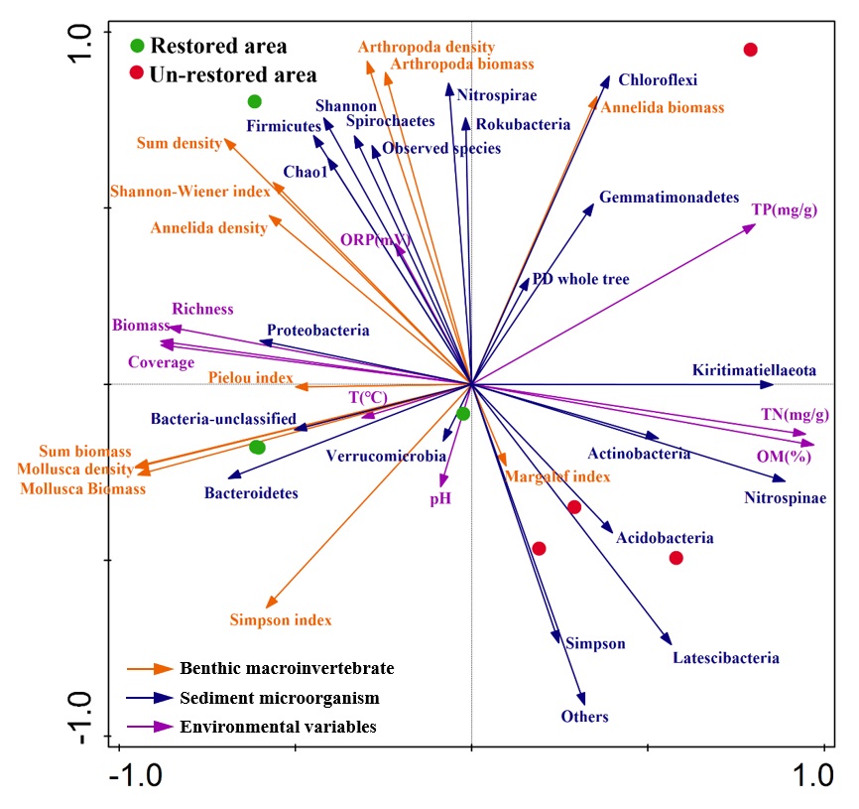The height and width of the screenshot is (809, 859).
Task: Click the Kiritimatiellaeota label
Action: pyautogui.click(x=754, y=370)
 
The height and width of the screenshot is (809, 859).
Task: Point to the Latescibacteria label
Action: pyautogui.click(x=725, y=657)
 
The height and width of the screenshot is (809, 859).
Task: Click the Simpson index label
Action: pyautogui.click(x=281, y=620)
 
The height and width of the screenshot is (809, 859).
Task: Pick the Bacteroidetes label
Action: pyautogui.click(x=251, y=492)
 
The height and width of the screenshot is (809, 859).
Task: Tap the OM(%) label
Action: pyautogui.click(x=777, y=458)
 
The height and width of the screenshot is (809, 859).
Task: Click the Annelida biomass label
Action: pyautogui.click(x=662, y=107)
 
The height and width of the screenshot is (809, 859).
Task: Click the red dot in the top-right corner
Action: pyautogui.click(x=751, y=50)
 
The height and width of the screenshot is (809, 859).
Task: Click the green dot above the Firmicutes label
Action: pyautogui.click(x=254, y=101)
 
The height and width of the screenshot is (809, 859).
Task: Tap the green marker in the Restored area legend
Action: pyautogui.click(x=137, y=46)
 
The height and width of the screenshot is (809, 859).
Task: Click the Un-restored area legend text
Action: pyautogui.click(x=233, y=74)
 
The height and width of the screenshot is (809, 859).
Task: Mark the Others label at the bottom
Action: pyautogui.click(x=584, y=717)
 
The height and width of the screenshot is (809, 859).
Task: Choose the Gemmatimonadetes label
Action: pyautogui.click(x=669, y=198)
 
